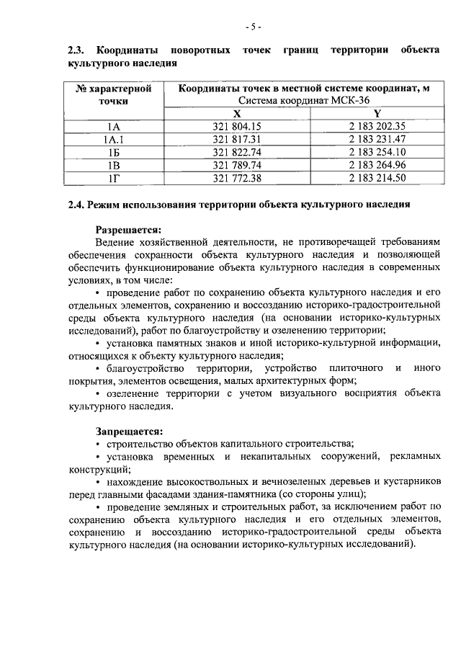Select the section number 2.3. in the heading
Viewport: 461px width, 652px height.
tap(77, 50)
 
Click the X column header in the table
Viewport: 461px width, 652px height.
tap(237, 114)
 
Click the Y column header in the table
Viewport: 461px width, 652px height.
tap(377, 114)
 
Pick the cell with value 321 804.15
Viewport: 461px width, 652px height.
tap(237, 127)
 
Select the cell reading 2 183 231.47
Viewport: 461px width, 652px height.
tap(377, 139)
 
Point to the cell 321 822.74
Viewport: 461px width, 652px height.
tap(237, 152)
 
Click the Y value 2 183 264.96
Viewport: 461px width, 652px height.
tap(377, 164)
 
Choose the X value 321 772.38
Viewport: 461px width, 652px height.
tap(237, 177)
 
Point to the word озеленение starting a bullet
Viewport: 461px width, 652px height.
tap(132, 393)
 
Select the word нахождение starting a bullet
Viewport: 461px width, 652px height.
tap(133, 481)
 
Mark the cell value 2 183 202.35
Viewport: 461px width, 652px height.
tap(377, 127)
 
